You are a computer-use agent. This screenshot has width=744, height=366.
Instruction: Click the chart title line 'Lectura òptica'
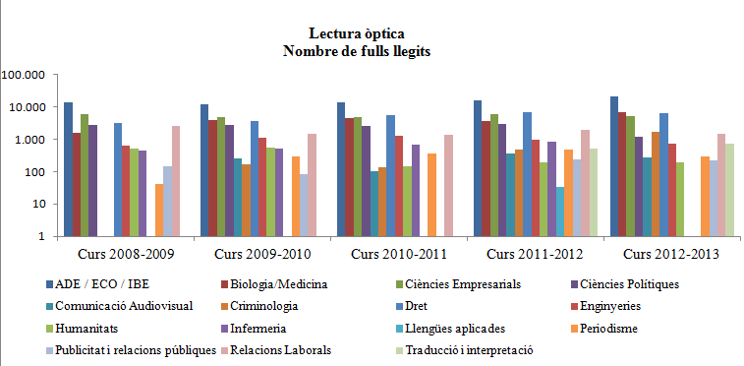click(x=372, y=34)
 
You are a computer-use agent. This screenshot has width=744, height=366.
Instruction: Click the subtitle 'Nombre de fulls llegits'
click(x=372, y=50)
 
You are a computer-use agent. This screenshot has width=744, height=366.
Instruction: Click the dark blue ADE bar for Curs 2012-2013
click(x=614, y=166)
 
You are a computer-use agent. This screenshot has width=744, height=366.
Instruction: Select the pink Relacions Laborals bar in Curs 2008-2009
click(x=176, y=181)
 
